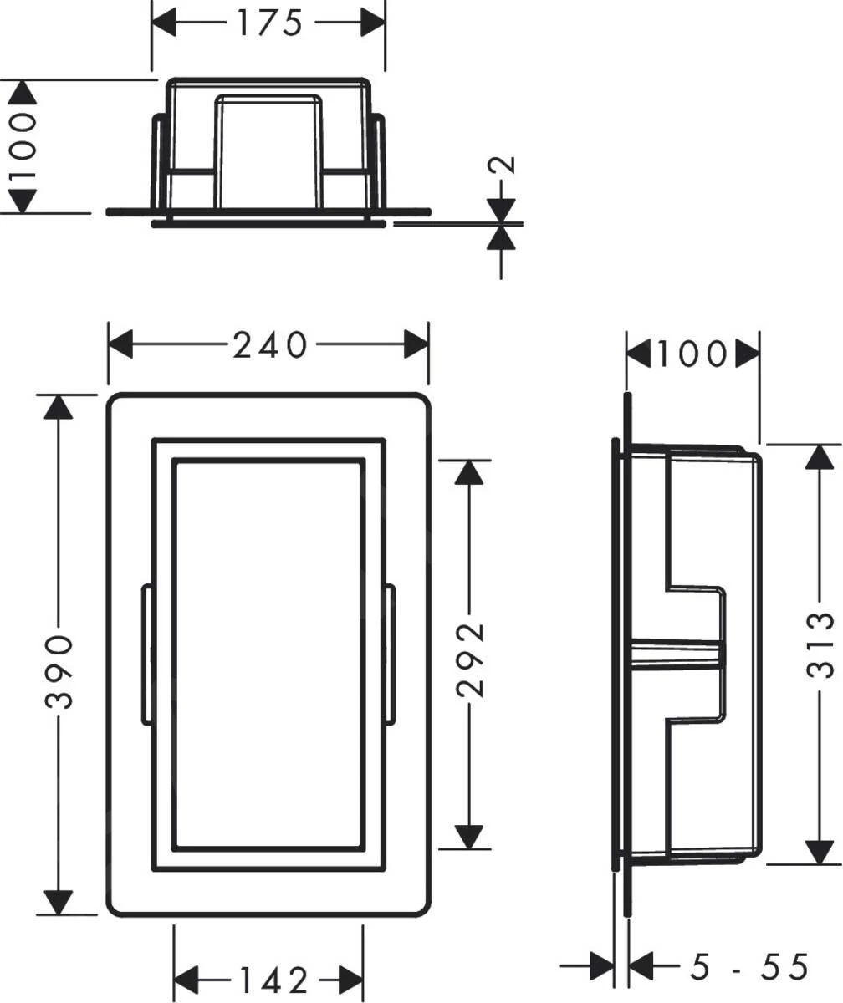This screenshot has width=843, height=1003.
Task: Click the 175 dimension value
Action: point(268,23)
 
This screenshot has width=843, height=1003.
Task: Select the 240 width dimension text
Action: point(269,345)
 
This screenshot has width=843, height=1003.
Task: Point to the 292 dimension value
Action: point(469,647)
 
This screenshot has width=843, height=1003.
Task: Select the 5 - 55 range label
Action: point(748,967)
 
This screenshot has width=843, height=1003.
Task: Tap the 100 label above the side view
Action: point(691,354)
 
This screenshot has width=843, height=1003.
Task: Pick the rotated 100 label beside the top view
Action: point(23,147)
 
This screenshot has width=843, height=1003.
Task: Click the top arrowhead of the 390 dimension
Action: point(58,408)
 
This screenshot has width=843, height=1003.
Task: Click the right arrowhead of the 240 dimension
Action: point(416,344)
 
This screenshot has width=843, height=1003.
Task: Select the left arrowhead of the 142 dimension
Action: point(186,978)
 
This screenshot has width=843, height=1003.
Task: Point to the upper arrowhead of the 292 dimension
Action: point(469,472)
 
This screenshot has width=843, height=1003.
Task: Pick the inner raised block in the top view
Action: point(268,150)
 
